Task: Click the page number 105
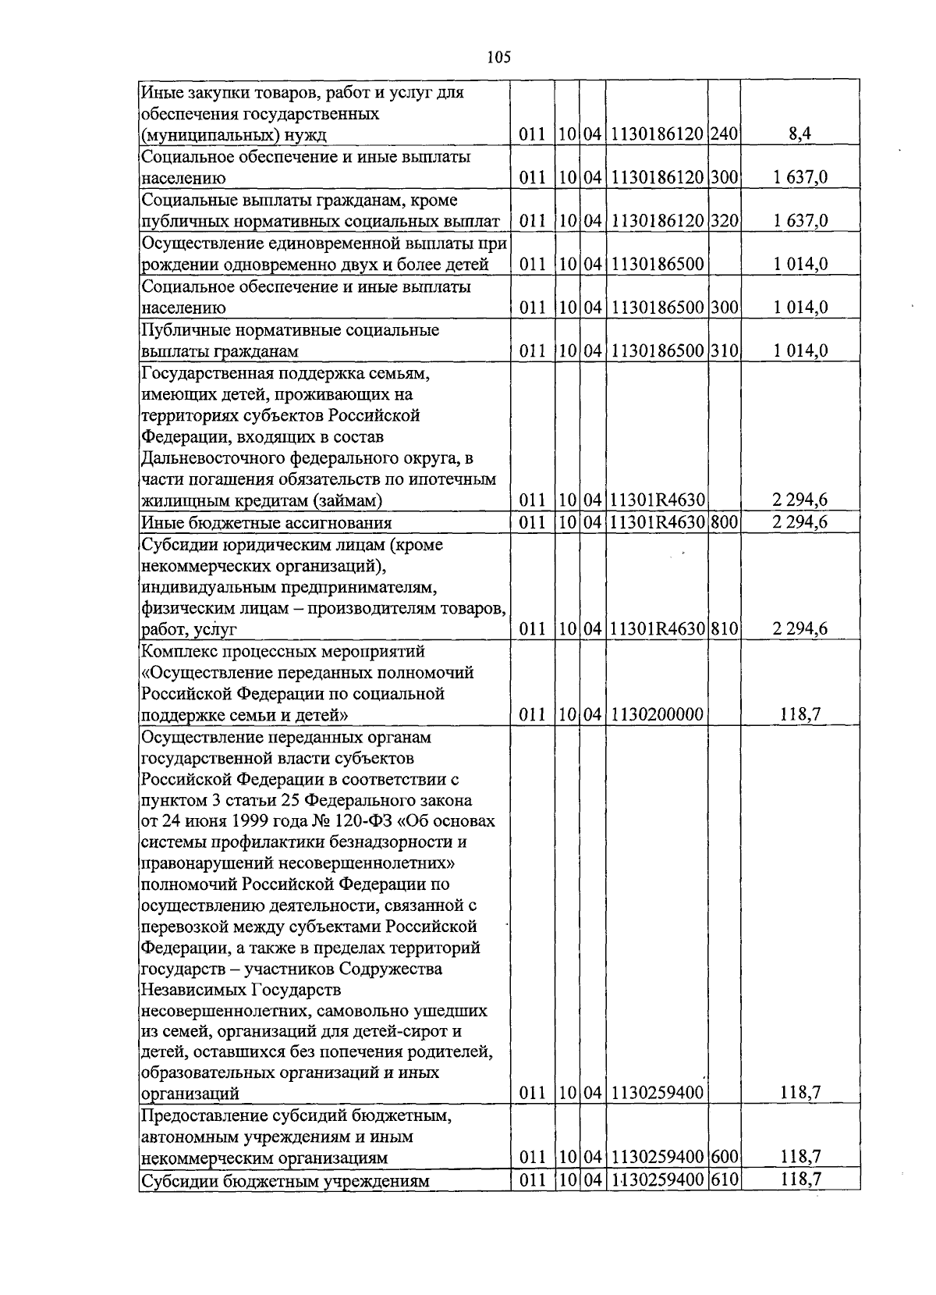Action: coord(498,56)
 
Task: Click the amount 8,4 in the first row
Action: coord(800,134)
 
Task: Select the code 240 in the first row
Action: coord(724,134)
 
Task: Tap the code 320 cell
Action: coord(724,221)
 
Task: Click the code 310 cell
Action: coord(724,351)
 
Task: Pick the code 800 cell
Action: coord(724,522)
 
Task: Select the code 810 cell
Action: coord(724,629)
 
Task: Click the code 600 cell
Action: coord(724,1158)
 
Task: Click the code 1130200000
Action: coord(658,714)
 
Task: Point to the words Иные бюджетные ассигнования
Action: coord(266,523)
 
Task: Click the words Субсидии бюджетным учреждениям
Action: coord(285,1181)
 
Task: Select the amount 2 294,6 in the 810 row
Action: coord(800,629)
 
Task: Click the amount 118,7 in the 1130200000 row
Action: coord(800,714)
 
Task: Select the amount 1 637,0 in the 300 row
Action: coord(800,178)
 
